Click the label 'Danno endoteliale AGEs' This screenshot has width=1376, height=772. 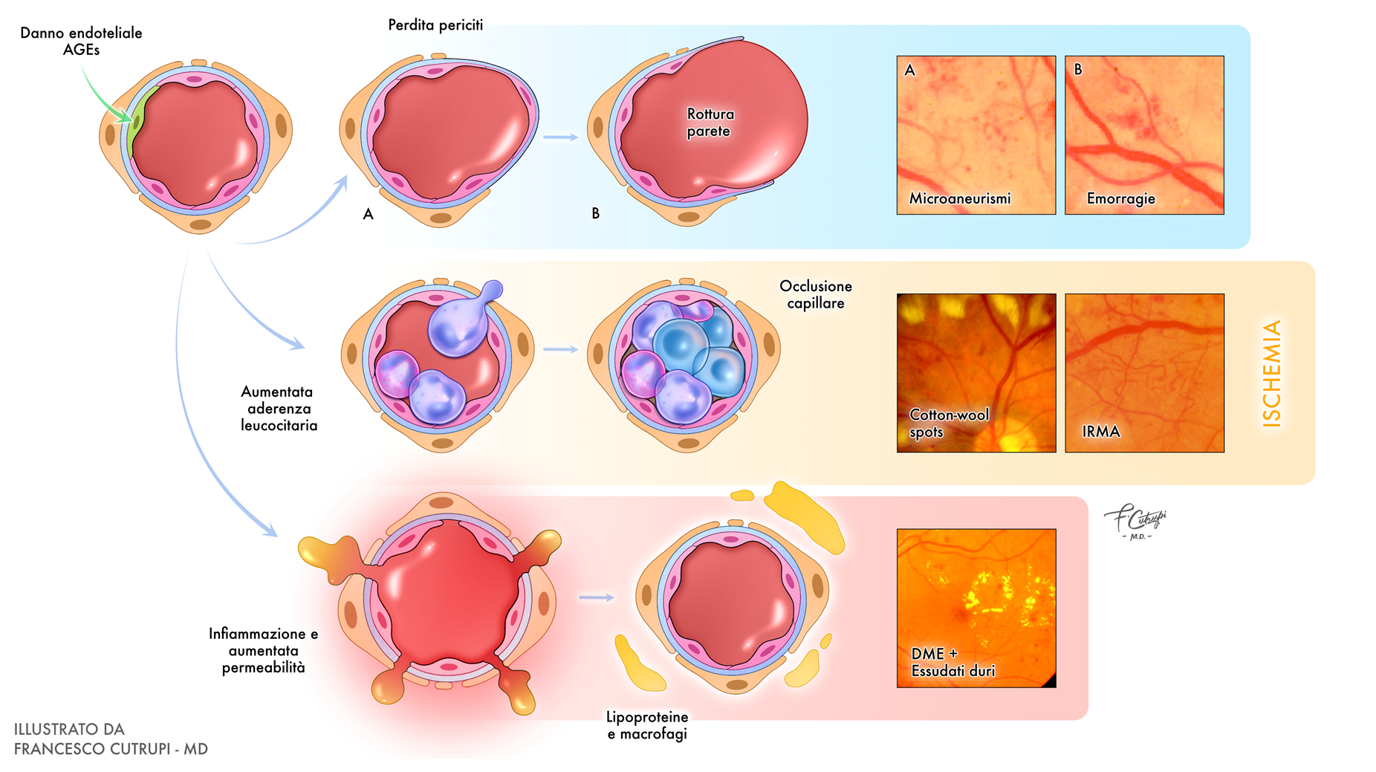[81, 41]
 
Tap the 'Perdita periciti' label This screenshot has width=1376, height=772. [435, 25]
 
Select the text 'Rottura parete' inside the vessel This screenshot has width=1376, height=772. [710, 123]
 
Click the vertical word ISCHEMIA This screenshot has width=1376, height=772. [1272, 373]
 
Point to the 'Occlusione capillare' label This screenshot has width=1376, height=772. [815, 294]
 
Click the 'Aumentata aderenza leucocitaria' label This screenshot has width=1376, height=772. [279, 408]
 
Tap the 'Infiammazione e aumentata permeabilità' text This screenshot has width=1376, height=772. [263, 650]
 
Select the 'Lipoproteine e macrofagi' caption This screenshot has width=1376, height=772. [646, 725]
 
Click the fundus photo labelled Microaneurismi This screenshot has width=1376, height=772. [976, 135]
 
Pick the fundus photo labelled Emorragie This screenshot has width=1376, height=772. [1144, 135]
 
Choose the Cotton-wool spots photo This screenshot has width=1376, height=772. [976, 373]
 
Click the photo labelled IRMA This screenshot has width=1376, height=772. [1144, 373]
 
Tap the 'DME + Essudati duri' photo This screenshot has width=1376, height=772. [976, 608]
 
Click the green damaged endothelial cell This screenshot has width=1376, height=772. [138, 123]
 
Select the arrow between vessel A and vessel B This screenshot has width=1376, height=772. [561, 137]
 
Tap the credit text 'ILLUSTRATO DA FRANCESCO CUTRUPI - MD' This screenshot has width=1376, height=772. [111, 739]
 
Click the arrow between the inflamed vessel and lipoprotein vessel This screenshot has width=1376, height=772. [597, 597]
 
